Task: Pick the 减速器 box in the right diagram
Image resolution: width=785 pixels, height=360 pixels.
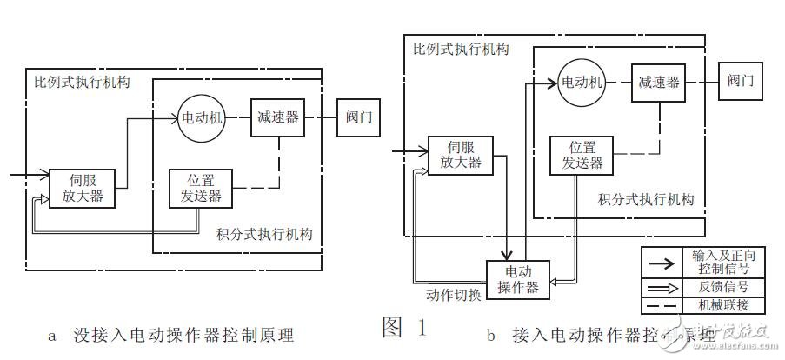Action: click(x=657, y=83)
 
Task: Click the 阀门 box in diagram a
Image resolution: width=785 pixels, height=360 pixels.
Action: click(x=357, y=117)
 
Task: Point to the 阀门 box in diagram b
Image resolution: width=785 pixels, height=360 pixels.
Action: click(x=740, y=83)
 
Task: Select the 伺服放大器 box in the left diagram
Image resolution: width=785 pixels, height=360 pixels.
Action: click(x=83, y=188)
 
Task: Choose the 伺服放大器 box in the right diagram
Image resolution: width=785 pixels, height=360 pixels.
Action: click(x=460, y=155)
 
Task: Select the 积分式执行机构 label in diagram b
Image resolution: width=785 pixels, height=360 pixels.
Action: click(x=646, y=200)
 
